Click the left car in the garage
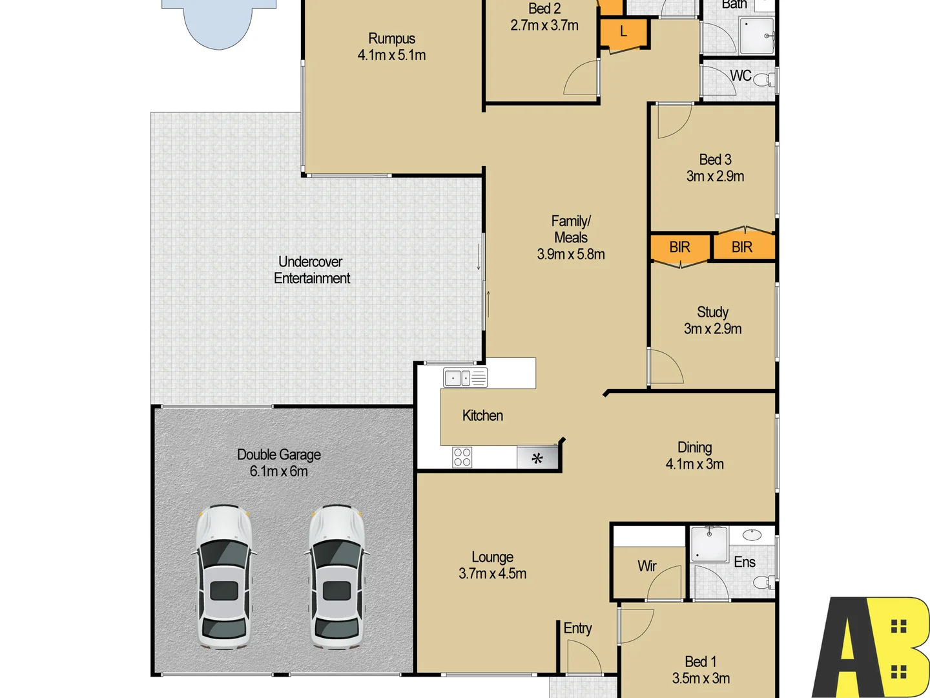[223, 576]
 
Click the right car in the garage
[336, 576]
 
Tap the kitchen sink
[465, 377]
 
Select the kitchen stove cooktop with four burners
[462, 457]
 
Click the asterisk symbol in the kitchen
[537, 458]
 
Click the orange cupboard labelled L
[623, 32]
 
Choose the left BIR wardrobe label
[679, 248]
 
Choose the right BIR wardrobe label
[742, 247]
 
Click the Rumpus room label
[391, 39]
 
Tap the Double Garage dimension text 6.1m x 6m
[279, 472]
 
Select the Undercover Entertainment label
[311, 270]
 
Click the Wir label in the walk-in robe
[646, 566]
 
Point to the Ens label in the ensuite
[744, 562]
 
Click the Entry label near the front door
[577, 628]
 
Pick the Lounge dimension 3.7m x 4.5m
[492, 574]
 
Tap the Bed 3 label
[715, 160]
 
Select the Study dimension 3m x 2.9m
[713, 329]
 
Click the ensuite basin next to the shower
[752, 534]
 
